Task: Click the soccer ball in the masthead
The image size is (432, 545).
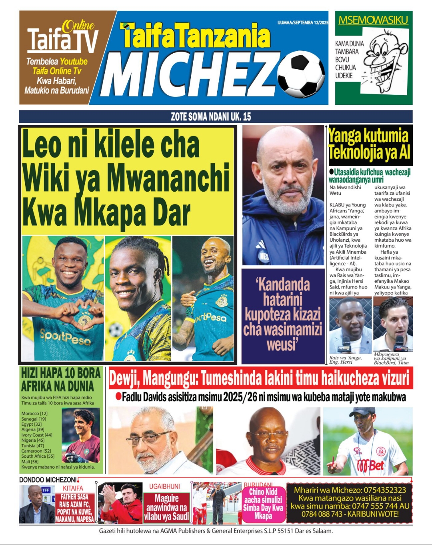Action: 301,75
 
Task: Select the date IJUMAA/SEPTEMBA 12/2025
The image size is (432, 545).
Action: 302,22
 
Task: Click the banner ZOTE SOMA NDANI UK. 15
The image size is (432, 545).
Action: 211,117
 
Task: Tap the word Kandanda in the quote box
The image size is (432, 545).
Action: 283,285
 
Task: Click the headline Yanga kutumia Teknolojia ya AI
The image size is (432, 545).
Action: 369,144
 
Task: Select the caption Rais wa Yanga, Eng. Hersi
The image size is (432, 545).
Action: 345,360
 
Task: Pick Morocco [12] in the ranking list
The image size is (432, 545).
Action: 34,413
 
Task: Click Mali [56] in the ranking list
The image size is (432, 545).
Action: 30,461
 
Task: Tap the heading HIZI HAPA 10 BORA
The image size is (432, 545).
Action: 60,373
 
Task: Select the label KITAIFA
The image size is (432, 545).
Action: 73,488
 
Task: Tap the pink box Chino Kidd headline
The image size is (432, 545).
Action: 263,503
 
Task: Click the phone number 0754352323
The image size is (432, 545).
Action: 384,490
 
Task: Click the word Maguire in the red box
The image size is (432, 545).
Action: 166,498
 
